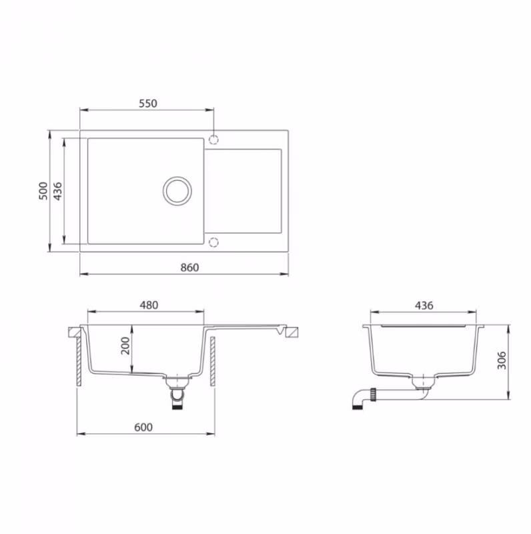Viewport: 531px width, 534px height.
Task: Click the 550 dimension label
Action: [x=147, y=103]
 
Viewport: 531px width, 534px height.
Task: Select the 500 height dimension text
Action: [x=43, y=192]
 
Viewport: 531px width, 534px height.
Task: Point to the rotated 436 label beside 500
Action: [x=57, y=192]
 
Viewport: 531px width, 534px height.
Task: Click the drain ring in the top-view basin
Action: [x=177, y=190]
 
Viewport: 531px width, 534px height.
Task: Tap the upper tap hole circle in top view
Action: [x=214, y=140]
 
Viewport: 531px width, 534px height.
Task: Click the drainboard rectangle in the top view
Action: [x=243, y=191]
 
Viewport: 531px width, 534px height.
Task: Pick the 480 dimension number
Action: [x=148, y=305]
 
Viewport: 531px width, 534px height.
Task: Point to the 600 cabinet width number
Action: [x=144, y=427]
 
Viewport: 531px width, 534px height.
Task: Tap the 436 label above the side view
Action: [x=424, y=305]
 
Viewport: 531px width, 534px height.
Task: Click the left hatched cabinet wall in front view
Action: [x=80, y=360]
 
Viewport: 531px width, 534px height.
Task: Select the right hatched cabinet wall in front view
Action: [x=213, y=360]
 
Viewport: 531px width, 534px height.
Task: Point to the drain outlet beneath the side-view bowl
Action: [x=422, y=383]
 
